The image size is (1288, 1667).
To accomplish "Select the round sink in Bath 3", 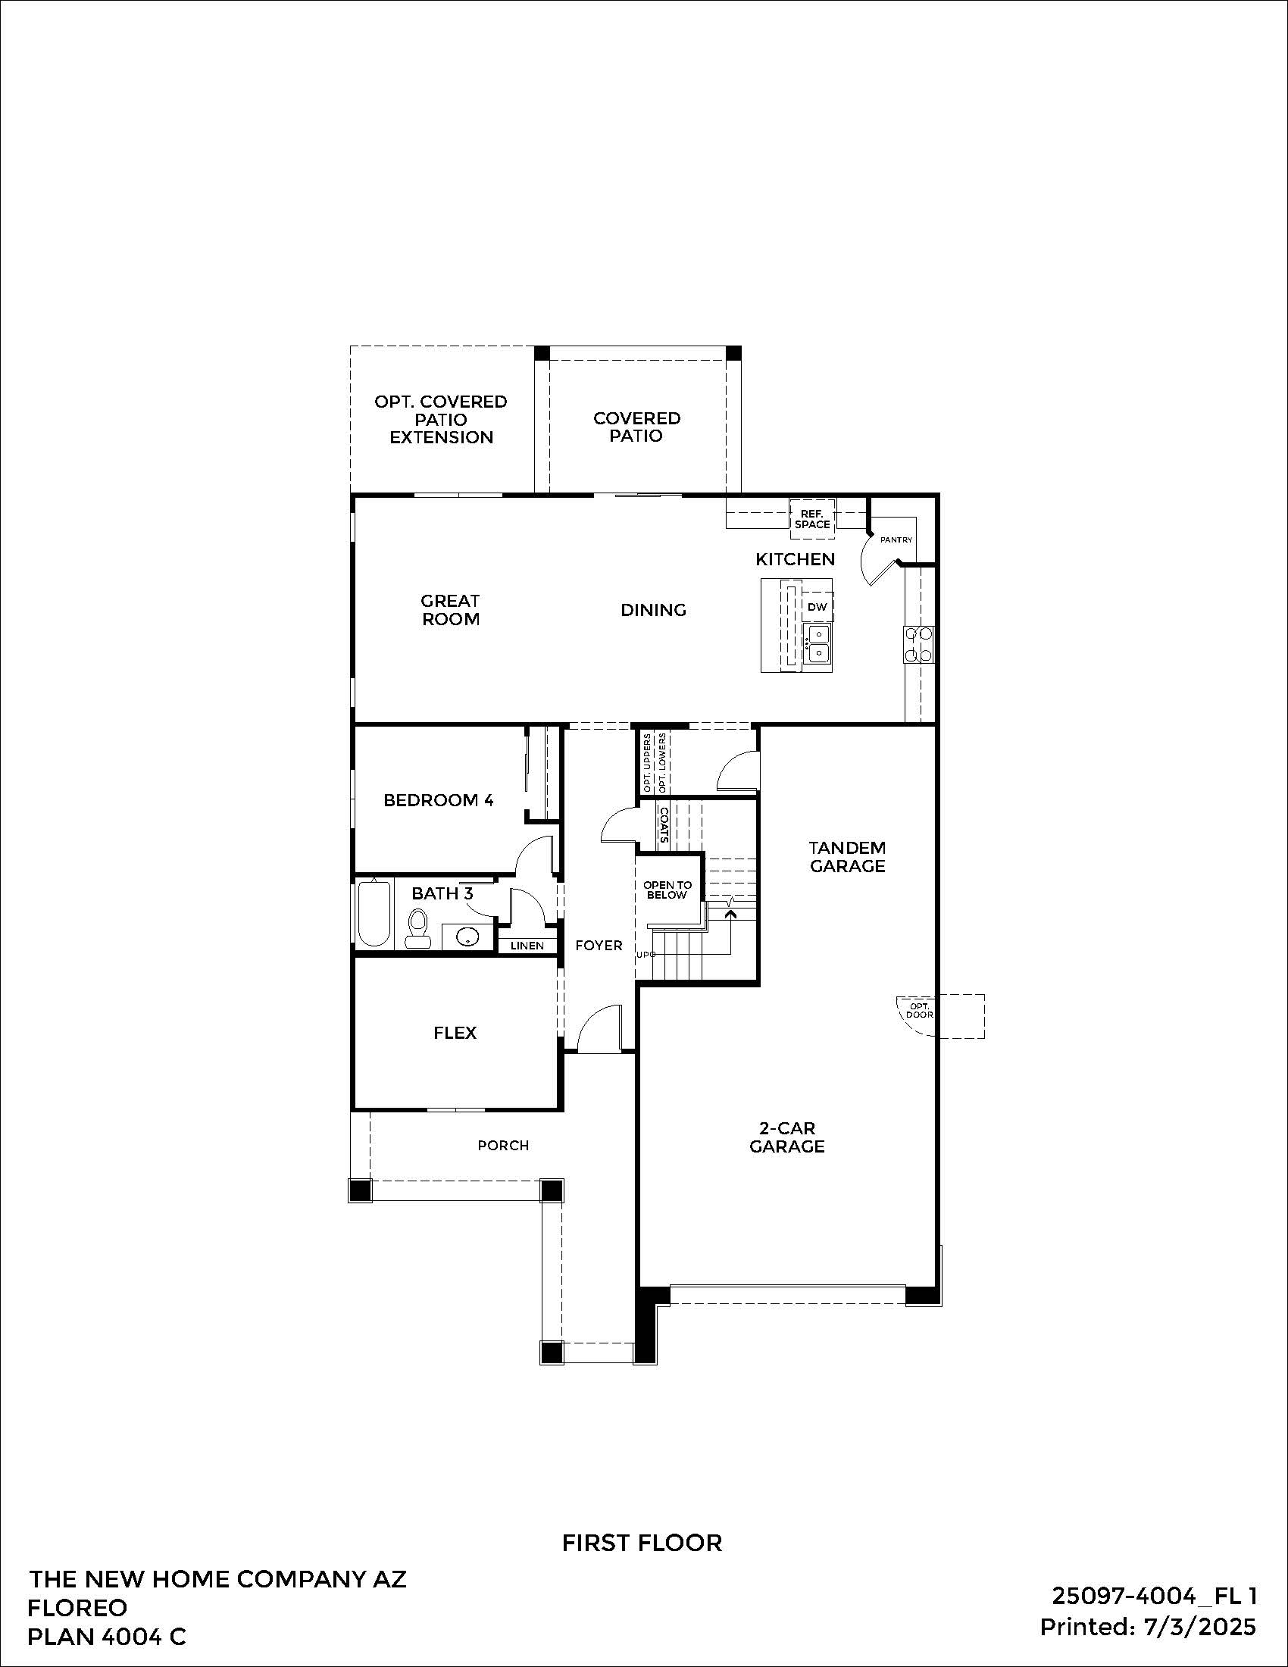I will (x=466, y=936).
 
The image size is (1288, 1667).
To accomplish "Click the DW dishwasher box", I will (x=817, y=607).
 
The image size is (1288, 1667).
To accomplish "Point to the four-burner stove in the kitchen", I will (x=919, y=643).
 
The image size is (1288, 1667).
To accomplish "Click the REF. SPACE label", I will (x=812, y=519).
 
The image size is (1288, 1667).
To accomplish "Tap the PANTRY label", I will (x=896, y=540).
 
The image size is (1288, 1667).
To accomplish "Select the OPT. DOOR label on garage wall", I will (x=919, y=1011).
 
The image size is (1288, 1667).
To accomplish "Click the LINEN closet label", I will (x=527, y=946).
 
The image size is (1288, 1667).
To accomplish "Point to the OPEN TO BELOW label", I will (x=667, y=890).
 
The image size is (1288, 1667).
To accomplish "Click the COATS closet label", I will (x=664, y=825).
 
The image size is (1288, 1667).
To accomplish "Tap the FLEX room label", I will (x=455, y=1033).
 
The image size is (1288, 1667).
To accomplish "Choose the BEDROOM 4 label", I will (x=438, y=800).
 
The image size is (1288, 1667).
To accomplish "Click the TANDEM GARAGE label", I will (x=847, y=856).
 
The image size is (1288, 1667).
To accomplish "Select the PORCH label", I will (x=503, y=1145).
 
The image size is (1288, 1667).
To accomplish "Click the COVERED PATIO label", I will (x=636, y=427).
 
